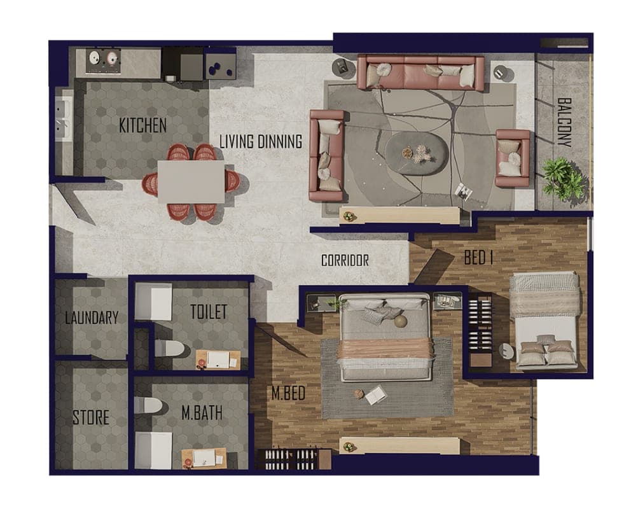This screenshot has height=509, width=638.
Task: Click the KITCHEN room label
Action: (x=143, y=125)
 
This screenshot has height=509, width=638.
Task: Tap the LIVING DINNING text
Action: (x=261, y=142)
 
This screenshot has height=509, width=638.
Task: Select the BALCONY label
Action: (x=565, y=122)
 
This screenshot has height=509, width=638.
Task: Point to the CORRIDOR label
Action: (x=345, y=260)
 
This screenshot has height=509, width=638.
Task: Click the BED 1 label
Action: (x=479, y=258)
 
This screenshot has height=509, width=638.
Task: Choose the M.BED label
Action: (x=289, y=393)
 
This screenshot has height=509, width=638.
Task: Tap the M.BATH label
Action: (x=202, y=413)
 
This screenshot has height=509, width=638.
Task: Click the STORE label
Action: (x=91, y=417)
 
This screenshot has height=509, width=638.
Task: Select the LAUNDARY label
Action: (x=92, y=317)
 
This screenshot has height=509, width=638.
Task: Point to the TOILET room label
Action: (x=209, y=312)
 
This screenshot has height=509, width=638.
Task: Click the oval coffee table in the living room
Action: (x=417, y=153)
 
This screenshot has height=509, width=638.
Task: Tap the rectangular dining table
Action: (x=191, y=182)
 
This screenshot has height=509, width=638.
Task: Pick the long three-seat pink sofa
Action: (x=420, y=73)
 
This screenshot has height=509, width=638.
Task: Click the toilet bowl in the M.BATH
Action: (x=148, y=405)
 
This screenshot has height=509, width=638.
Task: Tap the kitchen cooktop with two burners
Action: (x=104, y=61)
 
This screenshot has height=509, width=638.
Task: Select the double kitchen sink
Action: (x=62, y=118)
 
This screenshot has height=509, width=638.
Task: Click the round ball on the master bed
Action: (x=400, y=321)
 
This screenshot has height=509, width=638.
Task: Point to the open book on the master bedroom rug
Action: (x=375, y=394)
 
